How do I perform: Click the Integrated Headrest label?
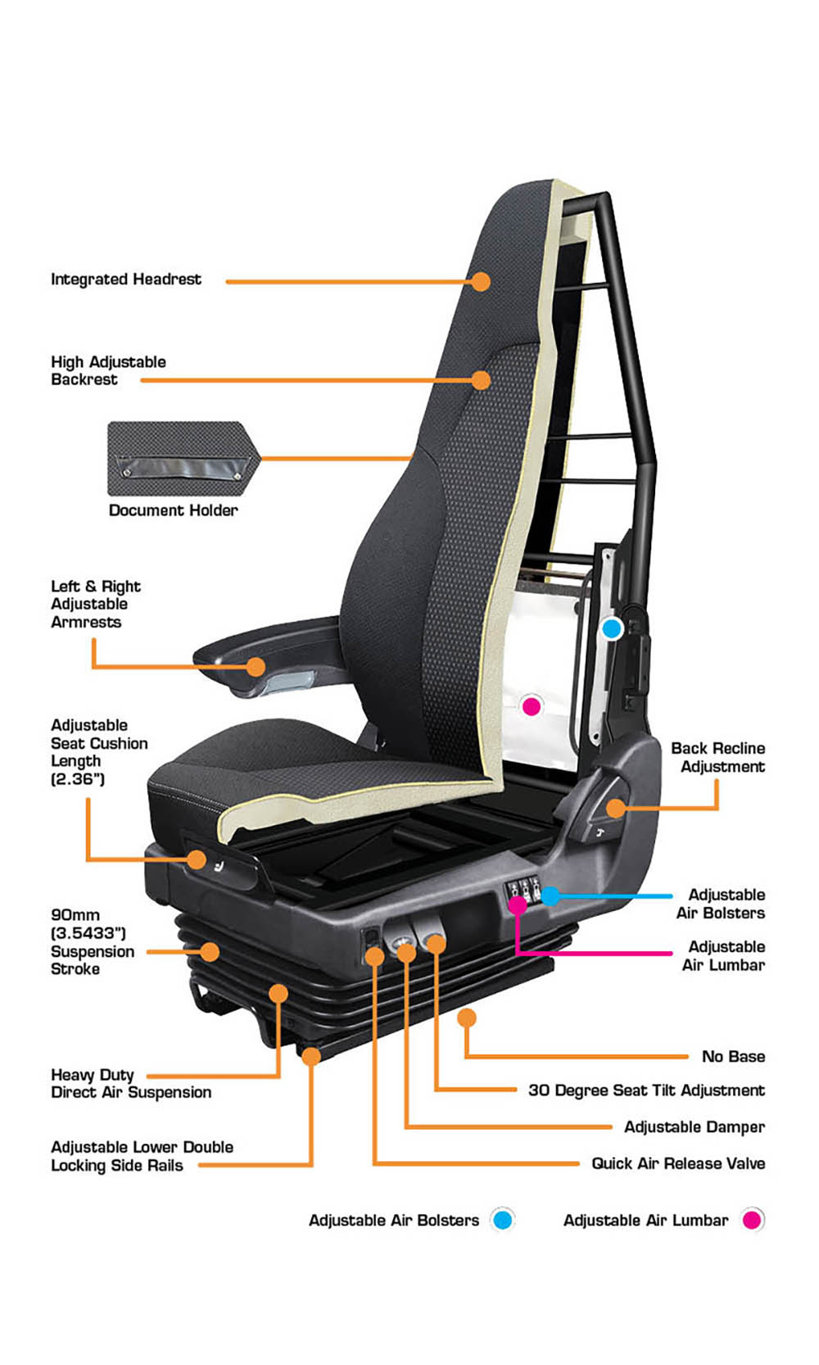tap(125, 279)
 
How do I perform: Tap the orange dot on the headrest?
tap(481, 282)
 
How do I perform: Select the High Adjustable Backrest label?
tap(108, 370)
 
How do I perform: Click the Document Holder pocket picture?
tap(184, 458)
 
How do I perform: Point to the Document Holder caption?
tap(173, 510)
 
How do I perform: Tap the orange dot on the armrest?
tap(256, 667)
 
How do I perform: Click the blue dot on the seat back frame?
tap(612, 628)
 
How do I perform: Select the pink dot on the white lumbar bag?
tap(532, 706)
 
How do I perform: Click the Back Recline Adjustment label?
tap(718, 757)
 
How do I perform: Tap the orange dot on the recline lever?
tap(616, 809)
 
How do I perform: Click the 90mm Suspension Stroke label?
tap(93, 941)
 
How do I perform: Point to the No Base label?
tap(733, 1056)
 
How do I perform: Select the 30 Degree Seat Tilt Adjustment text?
tap(646, 1091)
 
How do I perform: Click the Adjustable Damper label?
tap(695, 1127)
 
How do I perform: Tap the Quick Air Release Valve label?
tap(678, 1163)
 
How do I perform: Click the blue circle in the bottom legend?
tap(502, 1219)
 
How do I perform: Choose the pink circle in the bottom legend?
tap(752, 1219)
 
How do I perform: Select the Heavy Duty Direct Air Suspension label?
tap(131, 1083)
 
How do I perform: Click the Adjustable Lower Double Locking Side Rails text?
tap(142, 1156)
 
